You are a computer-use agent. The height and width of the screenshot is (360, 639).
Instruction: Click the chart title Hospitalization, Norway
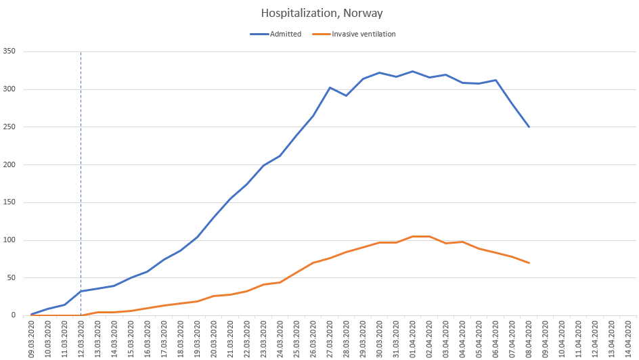tap(319, 13)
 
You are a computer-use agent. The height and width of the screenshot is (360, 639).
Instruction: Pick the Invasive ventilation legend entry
tap(362, 34)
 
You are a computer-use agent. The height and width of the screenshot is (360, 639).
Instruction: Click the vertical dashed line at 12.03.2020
tap(81, 169)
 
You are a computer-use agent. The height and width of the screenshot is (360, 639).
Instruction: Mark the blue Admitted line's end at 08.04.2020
tap(529, 127)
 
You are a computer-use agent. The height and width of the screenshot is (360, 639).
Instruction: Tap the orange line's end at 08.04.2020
tap(529, 263)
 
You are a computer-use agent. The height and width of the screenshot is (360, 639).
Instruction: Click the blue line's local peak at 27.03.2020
tap(330, 87)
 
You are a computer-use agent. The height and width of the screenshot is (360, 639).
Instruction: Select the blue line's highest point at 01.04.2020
tap(413, 71)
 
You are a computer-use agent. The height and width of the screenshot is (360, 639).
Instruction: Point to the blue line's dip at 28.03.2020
tap(347, 95)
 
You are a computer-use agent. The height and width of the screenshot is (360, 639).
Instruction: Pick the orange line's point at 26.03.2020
tap(313, 263)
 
